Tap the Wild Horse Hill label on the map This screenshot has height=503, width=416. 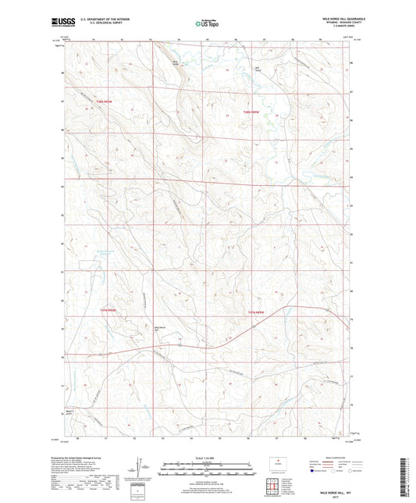pos(161,328)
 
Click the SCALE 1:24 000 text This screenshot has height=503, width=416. pos(207,461)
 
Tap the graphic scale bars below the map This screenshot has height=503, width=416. pos(207,470)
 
